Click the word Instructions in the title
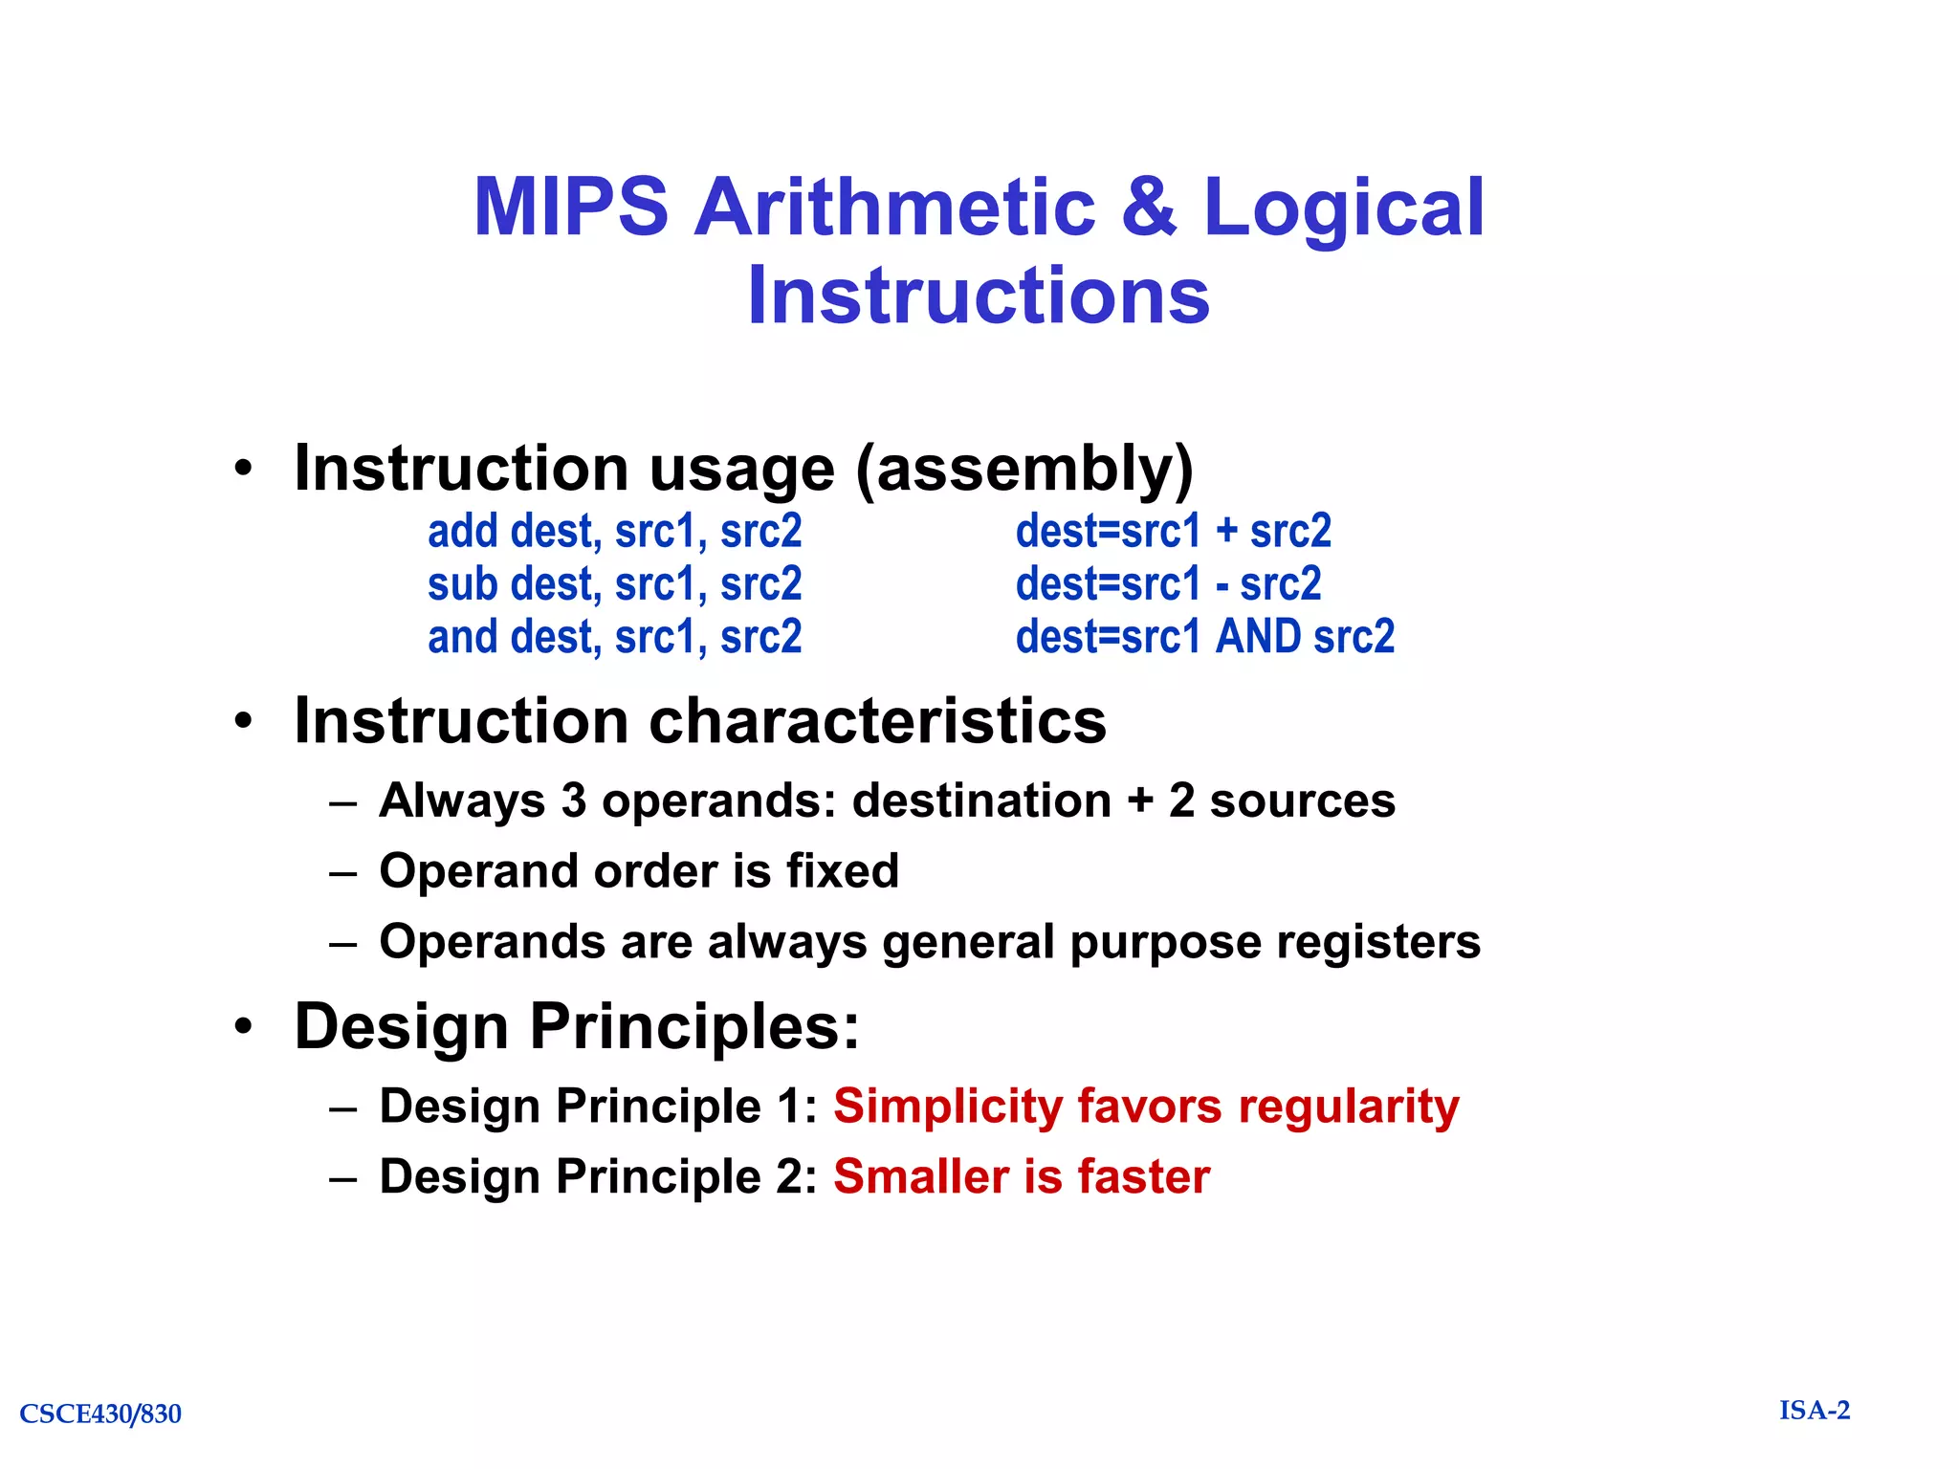point(979,295)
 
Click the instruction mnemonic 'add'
point(462,531)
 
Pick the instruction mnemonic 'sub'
point(462,584)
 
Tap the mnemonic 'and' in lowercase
point(463,637)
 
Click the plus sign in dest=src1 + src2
point(1225,532)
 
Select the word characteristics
point(877,720)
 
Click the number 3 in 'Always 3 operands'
point(574,800)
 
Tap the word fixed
point(842,871)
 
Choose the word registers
point(1377,942)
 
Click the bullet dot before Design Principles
point(244,1026)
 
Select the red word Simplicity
point(947,1107)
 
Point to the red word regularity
point(1348,1107)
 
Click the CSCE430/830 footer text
point(100,1414)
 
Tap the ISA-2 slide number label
point(1814,1410)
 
